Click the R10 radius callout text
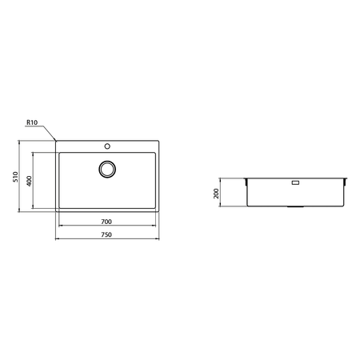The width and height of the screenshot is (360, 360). (31, 122)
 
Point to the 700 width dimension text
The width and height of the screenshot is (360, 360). (106, 222)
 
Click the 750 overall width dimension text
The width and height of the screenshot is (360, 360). (106, 234)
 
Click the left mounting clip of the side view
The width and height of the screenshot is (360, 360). (246, 182)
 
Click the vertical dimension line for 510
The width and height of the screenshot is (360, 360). (21, 178)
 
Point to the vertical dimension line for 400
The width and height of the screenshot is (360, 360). (34, 180)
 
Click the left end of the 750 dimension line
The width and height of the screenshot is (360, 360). (55, 238)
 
